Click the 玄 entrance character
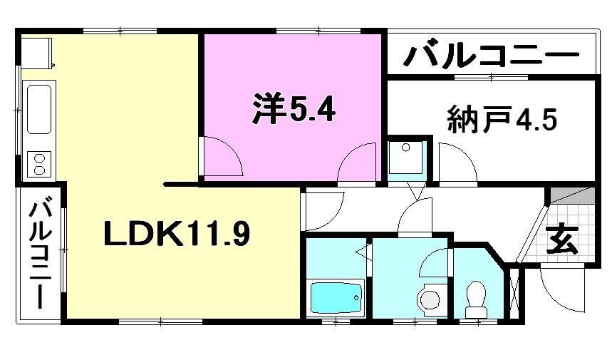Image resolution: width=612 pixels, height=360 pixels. point(562,240)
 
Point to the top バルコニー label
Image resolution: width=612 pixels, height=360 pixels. point(491,55)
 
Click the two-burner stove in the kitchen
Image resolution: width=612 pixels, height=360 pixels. point(38,163)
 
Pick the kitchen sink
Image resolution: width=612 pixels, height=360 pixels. point(38,110)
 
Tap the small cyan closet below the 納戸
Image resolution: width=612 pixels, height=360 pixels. point(407,159)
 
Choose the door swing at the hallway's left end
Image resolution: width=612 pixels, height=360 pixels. point(321,209)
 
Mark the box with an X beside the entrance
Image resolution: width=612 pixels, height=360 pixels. point(514,292)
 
